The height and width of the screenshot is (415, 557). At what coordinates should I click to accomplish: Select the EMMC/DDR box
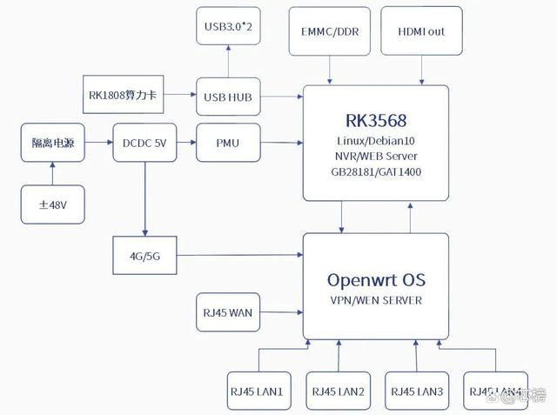tap(329, 31)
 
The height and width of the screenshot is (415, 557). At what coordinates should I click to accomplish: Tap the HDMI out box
tap(421, 31)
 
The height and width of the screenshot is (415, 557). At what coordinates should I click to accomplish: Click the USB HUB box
tap(228, 97)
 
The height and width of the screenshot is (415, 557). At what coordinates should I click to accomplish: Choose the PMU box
tap(228, 143)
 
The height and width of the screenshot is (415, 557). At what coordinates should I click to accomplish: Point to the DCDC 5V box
tap(144, 144)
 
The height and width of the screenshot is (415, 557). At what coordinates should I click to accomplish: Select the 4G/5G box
tap(144, 256)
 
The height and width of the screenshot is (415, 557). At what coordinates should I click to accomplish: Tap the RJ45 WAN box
tap(228, 313)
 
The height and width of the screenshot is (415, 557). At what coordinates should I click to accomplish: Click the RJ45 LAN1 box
tap(257, 392)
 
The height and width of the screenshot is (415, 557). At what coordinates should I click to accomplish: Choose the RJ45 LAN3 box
tap(416, 392)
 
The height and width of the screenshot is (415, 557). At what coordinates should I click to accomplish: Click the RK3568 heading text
tap(376, 120)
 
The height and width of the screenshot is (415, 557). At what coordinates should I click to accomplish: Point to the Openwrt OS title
tap(376, 280)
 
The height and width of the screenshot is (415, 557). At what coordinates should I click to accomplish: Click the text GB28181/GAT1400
tap(376, 171)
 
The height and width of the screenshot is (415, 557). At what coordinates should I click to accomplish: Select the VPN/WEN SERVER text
tap(376, 301)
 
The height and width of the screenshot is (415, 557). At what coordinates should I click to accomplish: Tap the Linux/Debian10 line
tap(376, 140)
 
